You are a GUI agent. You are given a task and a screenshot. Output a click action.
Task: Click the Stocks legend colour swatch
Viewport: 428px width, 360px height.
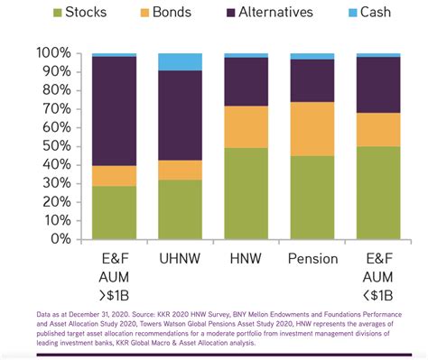pos(59,13)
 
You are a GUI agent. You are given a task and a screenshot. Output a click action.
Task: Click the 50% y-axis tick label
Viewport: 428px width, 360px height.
pos(53,146)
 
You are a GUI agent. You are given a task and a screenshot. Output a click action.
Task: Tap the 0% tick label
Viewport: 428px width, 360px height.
pos(59,239)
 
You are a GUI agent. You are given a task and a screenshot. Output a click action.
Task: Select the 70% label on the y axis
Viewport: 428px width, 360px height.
pos(53,109)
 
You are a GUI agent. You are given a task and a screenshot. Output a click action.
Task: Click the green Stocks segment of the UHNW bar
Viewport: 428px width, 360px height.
pos(180,209)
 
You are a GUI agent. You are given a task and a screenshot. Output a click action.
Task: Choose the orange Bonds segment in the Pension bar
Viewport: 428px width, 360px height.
pos(312,129)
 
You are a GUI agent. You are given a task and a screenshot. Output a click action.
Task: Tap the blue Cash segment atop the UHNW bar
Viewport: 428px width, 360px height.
pos(180,61)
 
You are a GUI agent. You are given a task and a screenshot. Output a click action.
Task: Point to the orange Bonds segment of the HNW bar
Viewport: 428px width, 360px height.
pos(246,126)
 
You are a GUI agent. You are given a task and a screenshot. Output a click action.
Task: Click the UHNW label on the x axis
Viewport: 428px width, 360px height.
pos(180,258)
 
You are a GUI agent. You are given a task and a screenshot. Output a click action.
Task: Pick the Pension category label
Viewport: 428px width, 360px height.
pos(312,258)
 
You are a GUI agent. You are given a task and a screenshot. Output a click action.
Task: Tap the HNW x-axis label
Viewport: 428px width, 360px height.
pos(246,258)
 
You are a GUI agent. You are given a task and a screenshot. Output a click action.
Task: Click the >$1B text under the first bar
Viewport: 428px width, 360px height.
pos(114,294)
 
